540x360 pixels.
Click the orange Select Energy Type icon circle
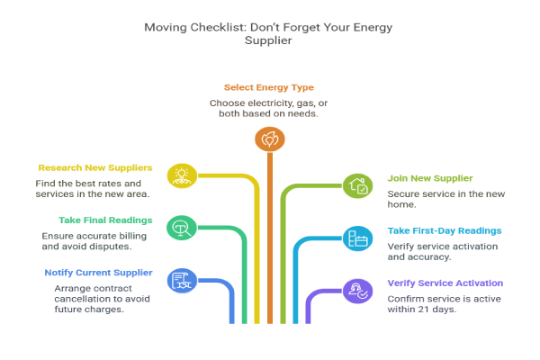coord(269,139)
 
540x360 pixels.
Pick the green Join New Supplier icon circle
coord(357,186)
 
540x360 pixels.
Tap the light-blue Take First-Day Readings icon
coord(357,238)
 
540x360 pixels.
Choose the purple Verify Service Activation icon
coord(357,289)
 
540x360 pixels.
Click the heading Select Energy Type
coord(269,87)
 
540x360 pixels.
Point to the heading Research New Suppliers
coord(94,167)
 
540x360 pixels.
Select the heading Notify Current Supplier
coord(98,272)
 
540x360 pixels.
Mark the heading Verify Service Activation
coord(445,283)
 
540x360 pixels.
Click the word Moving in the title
coord(166,27)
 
